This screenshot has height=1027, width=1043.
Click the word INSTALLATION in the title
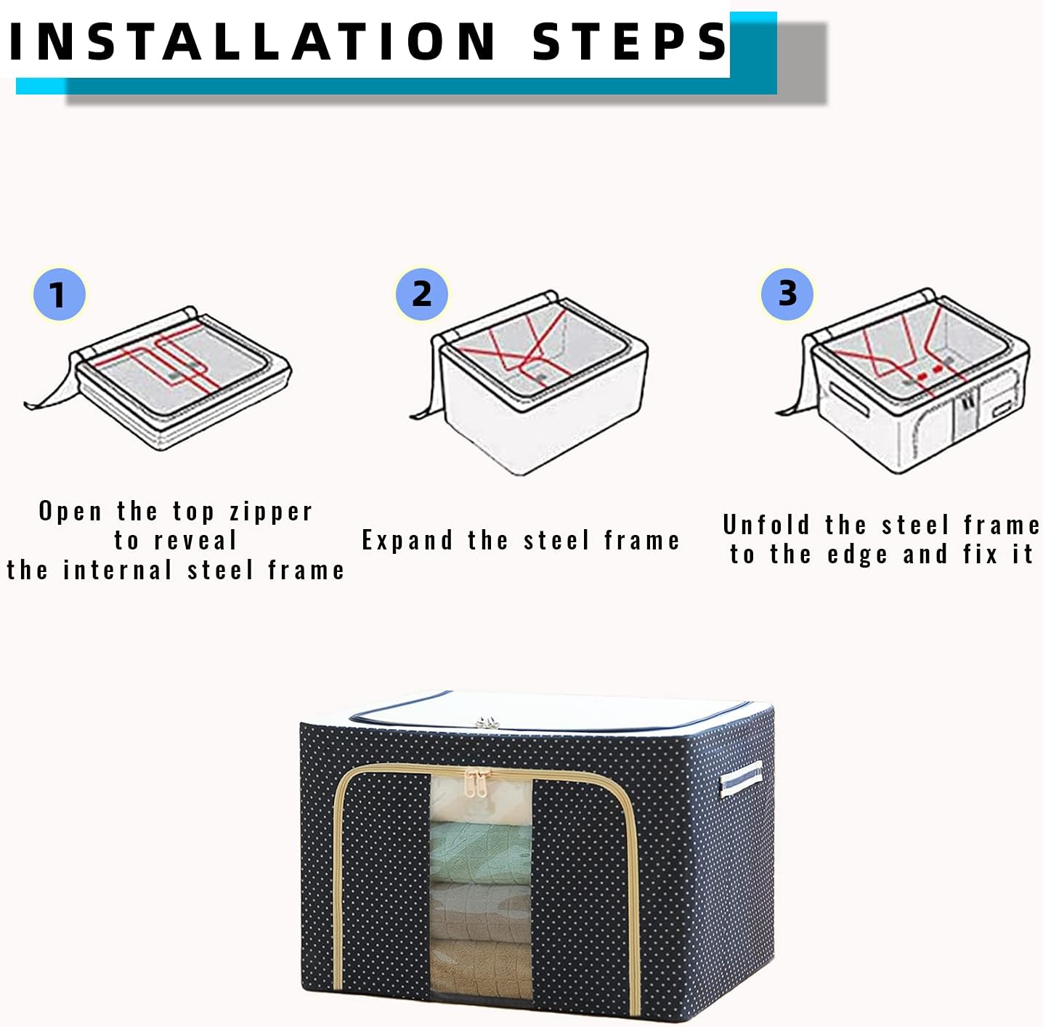pos(253,41)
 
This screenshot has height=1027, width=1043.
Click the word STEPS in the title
pos(630,41)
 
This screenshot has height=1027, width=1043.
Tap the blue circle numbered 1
pos(59,294)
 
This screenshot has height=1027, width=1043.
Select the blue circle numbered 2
pos(422,294)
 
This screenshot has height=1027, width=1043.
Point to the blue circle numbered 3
pos(787,293)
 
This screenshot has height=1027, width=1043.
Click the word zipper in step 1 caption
pos(271,512)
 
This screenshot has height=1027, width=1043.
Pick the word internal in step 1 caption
pos(118,570)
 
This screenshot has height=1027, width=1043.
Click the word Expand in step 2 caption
pos(407,541)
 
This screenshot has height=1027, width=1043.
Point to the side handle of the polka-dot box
pos(740,778)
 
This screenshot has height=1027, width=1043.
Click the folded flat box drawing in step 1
pos(158,377)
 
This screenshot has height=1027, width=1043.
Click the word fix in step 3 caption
pos(981,554)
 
